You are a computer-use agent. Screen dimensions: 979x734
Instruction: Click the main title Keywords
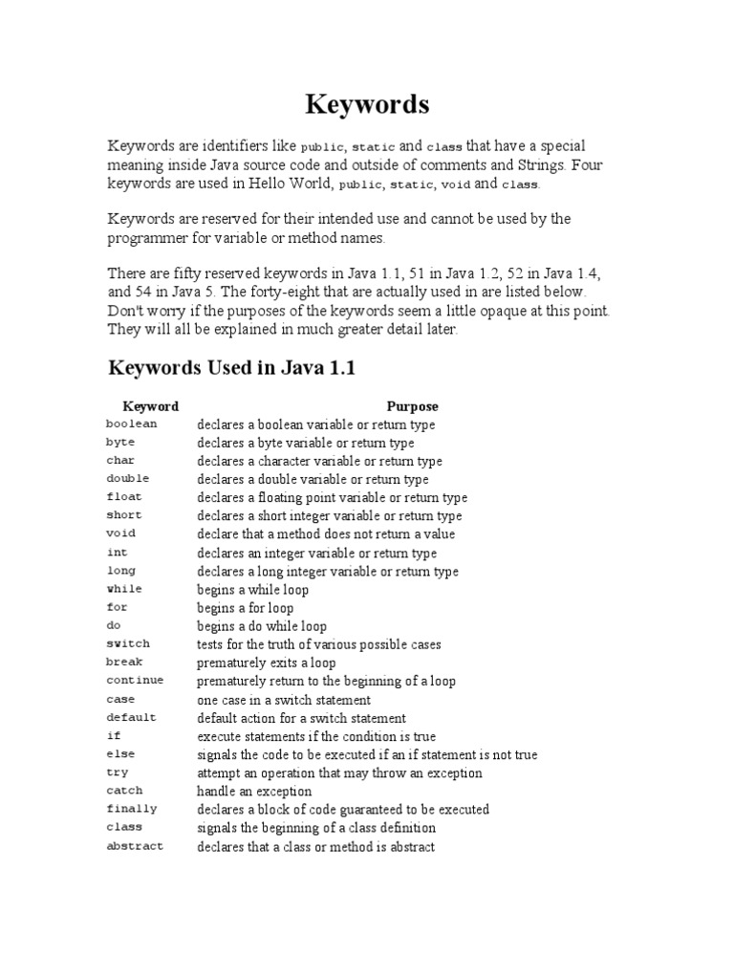click(x=367, y=103)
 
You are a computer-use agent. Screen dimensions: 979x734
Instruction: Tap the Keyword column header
click(x=151, y=406)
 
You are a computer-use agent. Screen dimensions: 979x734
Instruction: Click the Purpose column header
click(x=412, y=406)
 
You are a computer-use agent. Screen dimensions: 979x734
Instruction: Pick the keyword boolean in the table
click(x=132, y=424)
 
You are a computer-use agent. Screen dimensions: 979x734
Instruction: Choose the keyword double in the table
click(x=128, y=479)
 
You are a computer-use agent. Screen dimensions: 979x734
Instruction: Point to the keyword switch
click(x=128, y=644)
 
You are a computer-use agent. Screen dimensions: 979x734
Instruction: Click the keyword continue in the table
click(x=135, y=681)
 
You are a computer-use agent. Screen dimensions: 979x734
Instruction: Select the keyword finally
click(x=132, y=809)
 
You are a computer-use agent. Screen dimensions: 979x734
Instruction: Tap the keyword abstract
click(x=135, y=846)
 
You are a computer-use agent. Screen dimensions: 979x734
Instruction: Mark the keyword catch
click(x=125, y=791)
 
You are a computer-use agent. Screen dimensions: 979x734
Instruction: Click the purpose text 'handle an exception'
click(x=254, y=792)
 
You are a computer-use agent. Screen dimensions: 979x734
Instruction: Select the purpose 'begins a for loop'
click(x=246, y=608)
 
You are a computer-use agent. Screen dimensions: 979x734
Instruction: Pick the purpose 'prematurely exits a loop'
click(x=267, y=663)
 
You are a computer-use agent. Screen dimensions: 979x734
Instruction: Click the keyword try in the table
click(x=118, y=772)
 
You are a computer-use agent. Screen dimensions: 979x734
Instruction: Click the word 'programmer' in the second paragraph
click(x=152, y=238)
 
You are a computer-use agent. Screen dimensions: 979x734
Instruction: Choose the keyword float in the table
click(x=125, y=497)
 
